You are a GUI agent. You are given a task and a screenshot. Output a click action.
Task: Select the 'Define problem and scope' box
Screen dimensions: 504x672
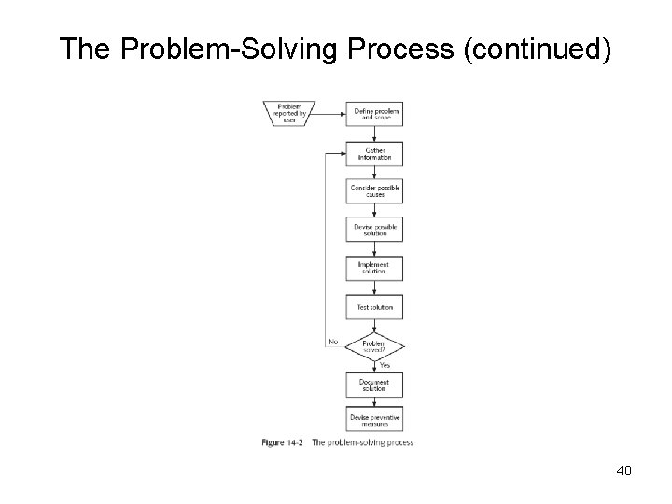pyautogui.click(x=375, y=115)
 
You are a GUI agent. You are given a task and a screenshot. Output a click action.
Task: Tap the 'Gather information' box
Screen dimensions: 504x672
pyautogui.click(x=375, y=153)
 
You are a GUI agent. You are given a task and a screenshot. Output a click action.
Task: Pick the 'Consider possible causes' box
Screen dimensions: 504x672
pyautogui.click(x=375, y=191)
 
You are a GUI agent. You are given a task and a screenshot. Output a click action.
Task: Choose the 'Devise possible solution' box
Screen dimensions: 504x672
pyautogui.click(x=375, y=230)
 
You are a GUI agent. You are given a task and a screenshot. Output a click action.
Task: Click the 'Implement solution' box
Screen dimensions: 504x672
pyautogui.click(x=375, y=268)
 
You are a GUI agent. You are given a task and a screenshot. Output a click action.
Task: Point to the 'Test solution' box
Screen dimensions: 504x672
pyautogui.click(x=375, y=307)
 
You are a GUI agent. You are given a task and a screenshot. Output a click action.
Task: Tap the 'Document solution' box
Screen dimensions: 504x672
pyautogui.click(x=375, y=384)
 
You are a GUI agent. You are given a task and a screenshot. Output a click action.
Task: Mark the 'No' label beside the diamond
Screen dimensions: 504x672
pyautogui.click(x=332, y=342)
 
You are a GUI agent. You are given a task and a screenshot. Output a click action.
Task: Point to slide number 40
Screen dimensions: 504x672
pyautogui.click(x=624, y=470)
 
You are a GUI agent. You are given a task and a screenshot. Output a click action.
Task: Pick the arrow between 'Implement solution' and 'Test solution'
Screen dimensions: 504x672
pyautogui.click(x=375, y=287)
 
